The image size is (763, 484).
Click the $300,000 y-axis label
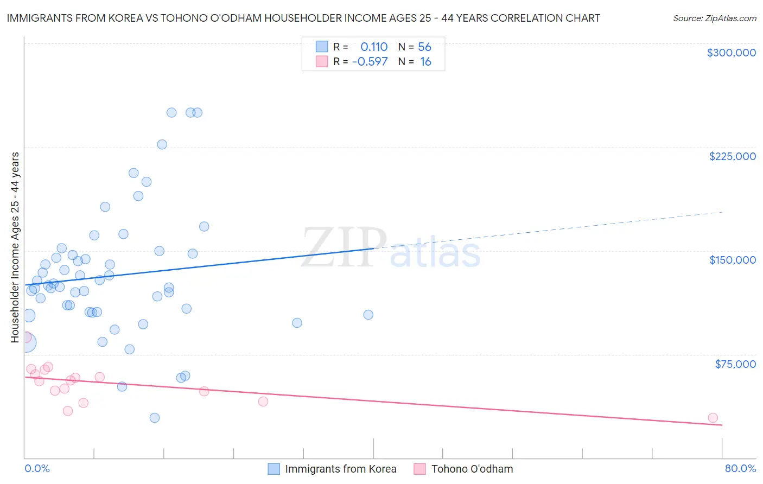click(x=731, y=53)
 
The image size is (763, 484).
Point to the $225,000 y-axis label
click(x=732, y=156)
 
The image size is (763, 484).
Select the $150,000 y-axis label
click(x=732, y=260)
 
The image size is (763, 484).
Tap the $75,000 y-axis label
click(x=735, y=364)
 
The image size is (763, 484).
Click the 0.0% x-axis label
click(x=37, y=469)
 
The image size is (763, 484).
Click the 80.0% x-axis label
click(x=740, y=469)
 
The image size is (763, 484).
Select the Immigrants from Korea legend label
click(x=340, y=469)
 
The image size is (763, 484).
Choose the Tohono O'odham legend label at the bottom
click(x=472, y=469)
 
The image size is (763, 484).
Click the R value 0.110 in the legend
click(x=374, y=47)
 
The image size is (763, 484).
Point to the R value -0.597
click(x=370, y=62)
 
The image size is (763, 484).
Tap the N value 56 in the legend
click(x=424, y=47)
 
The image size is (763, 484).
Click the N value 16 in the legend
click(x=425, y=62)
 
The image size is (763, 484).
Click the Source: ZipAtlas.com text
click(x=714, y=18)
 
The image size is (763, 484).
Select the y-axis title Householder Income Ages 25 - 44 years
click(x=15, y=247)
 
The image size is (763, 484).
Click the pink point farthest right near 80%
click(x=713, y=418)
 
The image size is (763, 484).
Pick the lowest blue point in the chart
click(x=155, y=418)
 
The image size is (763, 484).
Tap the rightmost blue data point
click(x=368, y=315)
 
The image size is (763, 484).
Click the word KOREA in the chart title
click(x=127, y=18)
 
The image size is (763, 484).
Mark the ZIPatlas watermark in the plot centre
click(x=391, y=249)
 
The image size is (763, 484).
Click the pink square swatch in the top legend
click(x=322, y=62)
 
